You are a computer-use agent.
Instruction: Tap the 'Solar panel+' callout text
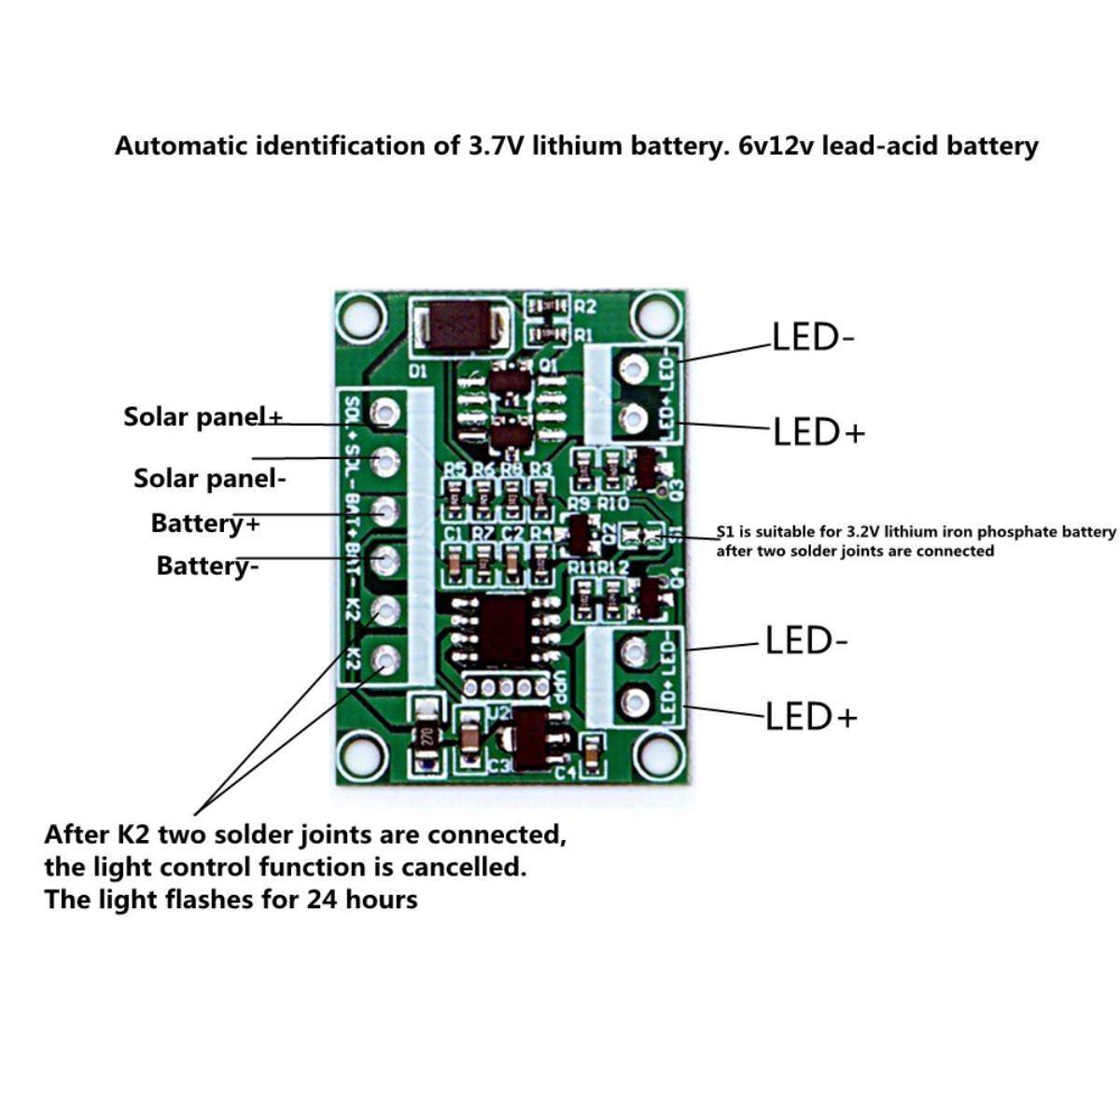[x=203, y=416]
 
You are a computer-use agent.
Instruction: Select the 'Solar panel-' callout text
[x=209, y=478]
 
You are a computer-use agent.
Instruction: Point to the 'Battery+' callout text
[x=205, y=523]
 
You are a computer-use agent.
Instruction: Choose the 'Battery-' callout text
[x=207, y=566]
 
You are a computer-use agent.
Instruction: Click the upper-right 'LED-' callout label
[x=812, y=337]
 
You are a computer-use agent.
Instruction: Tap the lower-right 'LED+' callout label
[x=810, y=717]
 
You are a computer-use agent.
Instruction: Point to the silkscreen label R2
[x=585, y=306]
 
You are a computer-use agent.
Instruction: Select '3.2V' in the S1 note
[x=870, y=532]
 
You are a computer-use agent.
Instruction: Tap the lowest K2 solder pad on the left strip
[x=385, y=661]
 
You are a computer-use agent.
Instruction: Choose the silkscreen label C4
[x=567, y=773]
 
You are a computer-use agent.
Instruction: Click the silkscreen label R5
[x=455, y=469]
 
